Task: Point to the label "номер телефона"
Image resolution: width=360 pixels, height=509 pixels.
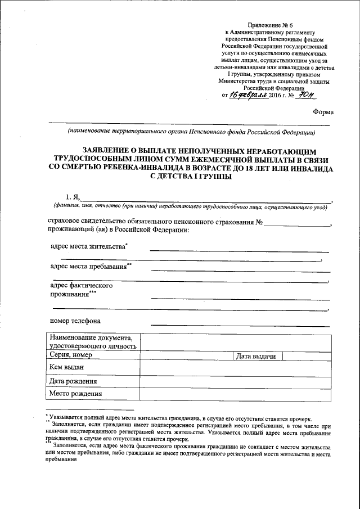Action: pyautogui.click(x=75, y=321)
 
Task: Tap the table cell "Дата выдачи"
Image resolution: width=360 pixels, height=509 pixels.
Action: pyautogui.click(x=256, y=356)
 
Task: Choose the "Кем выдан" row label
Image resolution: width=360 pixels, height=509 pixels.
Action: pyautogui.click(x=67, y=367)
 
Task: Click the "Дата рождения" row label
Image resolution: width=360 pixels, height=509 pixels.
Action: pyautogui.click(x=73, y=381)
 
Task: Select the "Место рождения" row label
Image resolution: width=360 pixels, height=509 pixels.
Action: pyautogui.click(x=75, y=394)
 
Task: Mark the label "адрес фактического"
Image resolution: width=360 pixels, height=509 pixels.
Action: pyautogui.click(x=82, y=285)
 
